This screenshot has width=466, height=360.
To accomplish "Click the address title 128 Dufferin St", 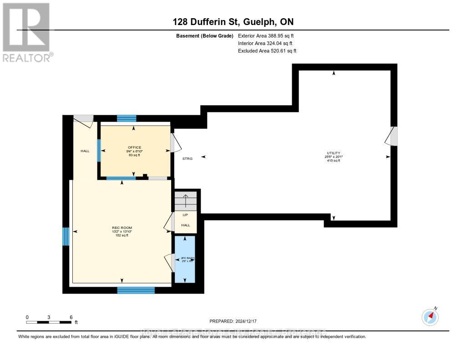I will tap(233, 22).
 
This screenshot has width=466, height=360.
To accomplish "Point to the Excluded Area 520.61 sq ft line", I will tap(267, 51).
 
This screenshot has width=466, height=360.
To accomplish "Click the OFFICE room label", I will tap(134, 147).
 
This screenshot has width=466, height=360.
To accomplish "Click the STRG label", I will tap(187, 158).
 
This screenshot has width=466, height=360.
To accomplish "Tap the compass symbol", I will tap(430, 316).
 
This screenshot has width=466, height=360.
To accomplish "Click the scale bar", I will tap(49, 322).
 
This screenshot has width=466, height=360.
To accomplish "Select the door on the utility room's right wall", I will tap(392, 136).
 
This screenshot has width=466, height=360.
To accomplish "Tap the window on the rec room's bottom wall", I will tap(136, 290).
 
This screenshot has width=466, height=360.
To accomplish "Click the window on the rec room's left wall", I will tap(66, 236).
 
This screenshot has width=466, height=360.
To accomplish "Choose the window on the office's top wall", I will tap(127, 118).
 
